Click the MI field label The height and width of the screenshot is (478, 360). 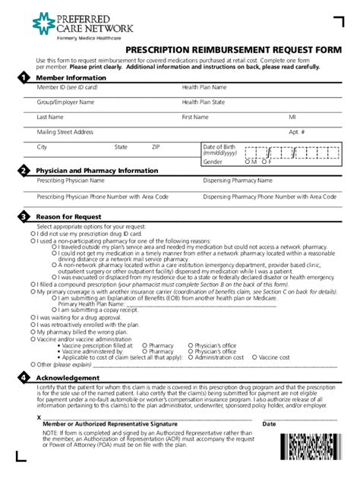[292, 118]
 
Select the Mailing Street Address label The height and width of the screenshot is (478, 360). [65, 132]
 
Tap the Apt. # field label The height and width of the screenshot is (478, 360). [297, 132]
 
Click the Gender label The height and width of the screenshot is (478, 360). [213, 162]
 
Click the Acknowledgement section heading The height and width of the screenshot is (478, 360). [68, 378]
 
